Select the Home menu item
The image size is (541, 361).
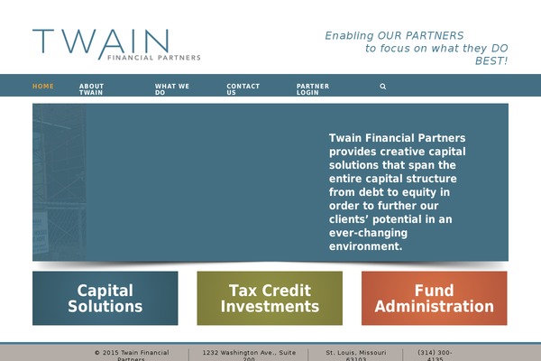tap(43, 87)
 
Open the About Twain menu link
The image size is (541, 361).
tap(91, 89)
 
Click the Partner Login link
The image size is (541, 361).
tap(313, 89)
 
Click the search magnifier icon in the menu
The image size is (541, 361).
tap(383, 87)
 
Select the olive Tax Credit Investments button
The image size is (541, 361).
tap(270, 298)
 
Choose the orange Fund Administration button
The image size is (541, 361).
tap(434, 298)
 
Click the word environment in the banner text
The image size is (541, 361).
tap(366, 246)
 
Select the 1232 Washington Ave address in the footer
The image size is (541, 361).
tap(248, 354)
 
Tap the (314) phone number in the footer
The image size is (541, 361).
tap(435, 354)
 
